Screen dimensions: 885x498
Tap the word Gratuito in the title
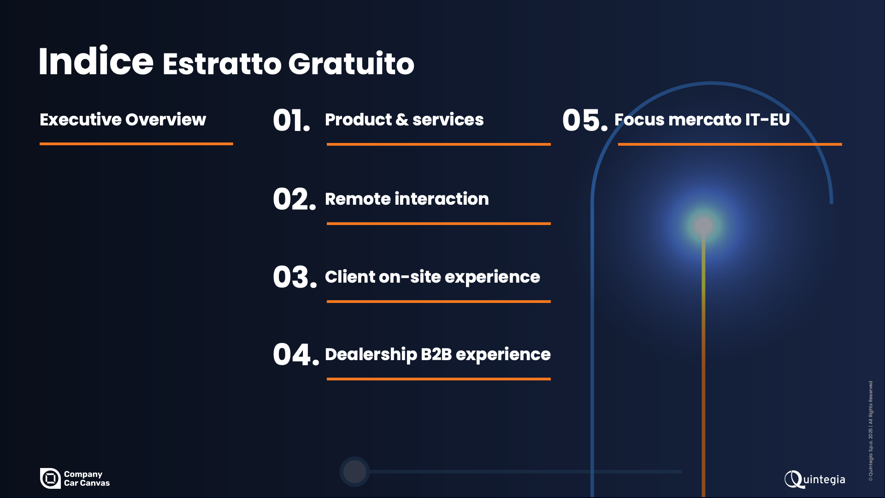351,63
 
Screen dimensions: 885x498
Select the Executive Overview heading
123,119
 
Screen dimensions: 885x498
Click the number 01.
291,121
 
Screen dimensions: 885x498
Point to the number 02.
295,199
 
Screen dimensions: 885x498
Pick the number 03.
295,277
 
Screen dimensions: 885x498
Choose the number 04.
296,355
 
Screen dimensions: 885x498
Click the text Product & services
404,119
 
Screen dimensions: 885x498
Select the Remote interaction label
407,199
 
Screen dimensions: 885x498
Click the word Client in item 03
350,277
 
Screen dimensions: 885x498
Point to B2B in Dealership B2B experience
436,354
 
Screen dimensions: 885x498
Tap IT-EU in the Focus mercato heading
767,119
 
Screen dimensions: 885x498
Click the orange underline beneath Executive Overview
136,144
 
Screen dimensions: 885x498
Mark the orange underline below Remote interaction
439,224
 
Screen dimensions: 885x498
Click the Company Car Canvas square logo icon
50,478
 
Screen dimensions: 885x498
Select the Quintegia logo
815,480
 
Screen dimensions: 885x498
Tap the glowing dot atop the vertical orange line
703,226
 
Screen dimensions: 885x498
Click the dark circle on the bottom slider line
354,472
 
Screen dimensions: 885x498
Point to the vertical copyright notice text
871,431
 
